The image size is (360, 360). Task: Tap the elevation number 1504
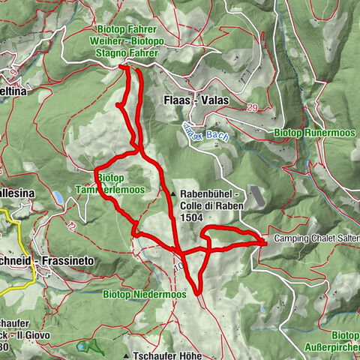coord(190,217)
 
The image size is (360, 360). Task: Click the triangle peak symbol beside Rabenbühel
coord(172,193)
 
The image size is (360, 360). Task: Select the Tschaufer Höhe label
coord(167,355)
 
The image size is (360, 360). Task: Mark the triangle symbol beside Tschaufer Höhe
coord(127,355)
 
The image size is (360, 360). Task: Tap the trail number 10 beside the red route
coord(178,265)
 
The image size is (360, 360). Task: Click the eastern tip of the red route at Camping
coord(264,241)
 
